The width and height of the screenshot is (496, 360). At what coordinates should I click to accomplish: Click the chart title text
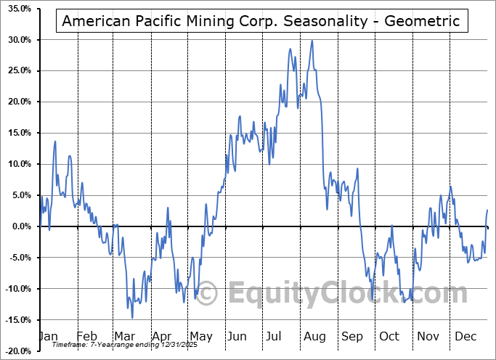[x=261, y=21]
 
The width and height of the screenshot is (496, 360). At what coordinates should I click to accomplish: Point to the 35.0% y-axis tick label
[x=17, y=9]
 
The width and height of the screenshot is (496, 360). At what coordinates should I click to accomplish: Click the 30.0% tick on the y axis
[x=17, y=40]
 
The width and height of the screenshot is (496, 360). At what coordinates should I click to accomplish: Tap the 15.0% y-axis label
[x=17, y=133]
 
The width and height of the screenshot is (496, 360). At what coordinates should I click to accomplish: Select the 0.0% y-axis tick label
[x=20, y=226]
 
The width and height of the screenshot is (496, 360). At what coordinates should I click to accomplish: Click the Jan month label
[x=48, y=337]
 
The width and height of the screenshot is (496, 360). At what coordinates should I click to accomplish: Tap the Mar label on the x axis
[x=124, y=337]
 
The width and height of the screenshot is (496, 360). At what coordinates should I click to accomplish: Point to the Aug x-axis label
[x=314, y=337]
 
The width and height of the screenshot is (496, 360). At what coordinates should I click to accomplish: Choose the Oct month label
[x=390, y=337]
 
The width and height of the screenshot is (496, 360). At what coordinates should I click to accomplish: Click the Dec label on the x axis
[x=465, y=337]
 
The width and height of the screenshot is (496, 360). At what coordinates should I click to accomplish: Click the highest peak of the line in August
[x=312, y=41]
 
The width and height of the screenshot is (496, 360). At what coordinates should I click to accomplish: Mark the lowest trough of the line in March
[x=132, y=317]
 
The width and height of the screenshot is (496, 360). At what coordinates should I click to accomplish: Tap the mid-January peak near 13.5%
[x=54, y=142]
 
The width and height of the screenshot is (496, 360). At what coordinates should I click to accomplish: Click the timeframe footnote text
[x=129, y=345]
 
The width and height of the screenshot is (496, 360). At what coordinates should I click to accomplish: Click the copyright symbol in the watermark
[x=208, y=293]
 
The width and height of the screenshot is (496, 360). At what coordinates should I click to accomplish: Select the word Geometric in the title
[x=426, y=21]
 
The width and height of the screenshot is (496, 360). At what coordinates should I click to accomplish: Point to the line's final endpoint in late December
[x=487, y=210]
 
